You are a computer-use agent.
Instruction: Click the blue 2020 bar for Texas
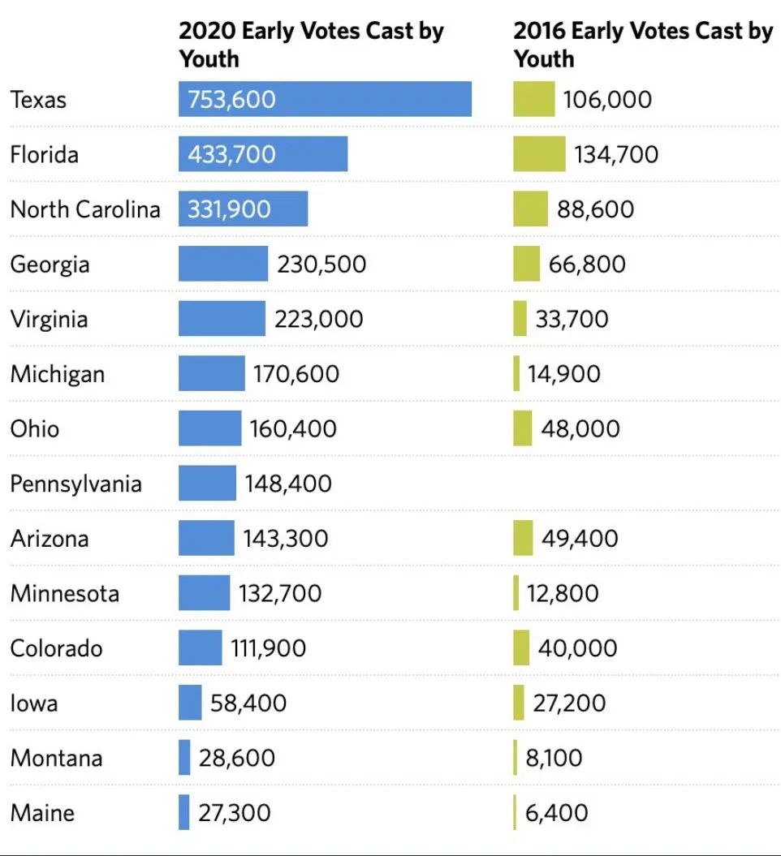325,99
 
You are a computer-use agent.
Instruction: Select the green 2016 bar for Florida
539,154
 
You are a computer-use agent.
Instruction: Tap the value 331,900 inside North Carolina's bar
229,209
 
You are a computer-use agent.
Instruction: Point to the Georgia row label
50,265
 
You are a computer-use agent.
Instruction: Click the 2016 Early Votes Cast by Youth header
642,45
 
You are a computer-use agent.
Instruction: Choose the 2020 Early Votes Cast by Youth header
311,45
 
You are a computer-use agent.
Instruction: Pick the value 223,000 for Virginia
318,319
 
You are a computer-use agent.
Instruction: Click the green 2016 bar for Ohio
523,428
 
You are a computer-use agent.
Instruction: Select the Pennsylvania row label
76,484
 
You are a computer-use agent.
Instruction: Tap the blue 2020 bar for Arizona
206,538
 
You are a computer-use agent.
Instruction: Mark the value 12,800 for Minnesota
562,593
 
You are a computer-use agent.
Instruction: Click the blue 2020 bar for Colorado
200,648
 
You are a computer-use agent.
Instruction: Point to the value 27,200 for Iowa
569,703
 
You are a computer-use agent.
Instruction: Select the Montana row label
56,758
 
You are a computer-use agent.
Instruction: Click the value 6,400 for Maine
556,813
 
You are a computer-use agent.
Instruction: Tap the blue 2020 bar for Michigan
211,374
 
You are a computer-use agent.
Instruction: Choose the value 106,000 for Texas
607,100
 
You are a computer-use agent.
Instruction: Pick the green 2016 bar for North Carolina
530,209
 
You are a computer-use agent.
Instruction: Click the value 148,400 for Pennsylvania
288,484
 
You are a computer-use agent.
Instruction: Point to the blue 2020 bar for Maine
184,813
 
